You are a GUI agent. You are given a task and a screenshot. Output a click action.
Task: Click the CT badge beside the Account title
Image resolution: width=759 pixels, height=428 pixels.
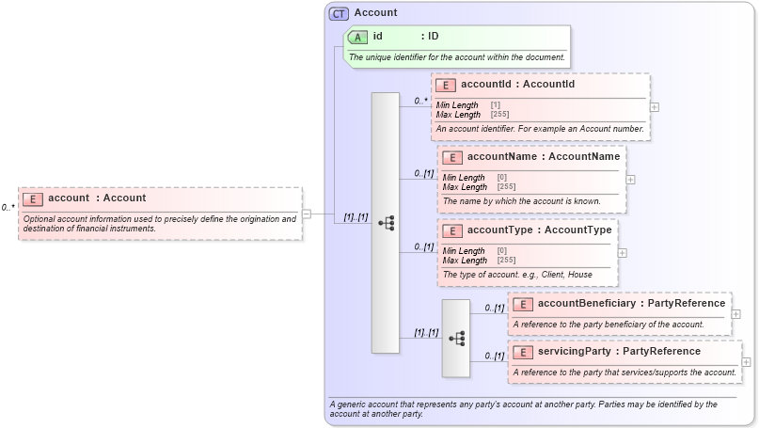click(x=339, y=13)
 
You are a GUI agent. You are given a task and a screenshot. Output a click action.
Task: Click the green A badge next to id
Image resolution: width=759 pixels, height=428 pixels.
click(x=357, y=38)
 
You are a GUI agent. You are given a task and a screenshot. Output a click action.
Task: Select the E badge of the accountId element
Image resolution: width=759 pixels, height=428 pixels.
click(x=446, y=85)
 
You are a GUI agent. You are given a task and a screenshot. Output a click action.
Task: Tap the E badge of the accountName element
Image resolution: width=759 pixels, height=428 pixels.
click(x=452, y=157)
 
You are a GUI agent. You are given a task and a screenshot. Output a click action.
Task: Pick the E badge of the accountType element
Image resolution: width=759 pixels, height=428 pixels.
click(x=452, y=230)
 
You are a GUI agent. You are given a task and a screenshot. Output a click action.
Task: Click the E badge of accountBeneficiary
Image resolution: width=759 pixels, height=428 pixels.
click(x=523, y=304)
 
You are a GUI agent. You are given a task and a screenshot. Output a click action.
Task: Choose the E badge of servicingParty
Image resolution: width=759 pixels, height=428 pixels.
click(x=523, y=352)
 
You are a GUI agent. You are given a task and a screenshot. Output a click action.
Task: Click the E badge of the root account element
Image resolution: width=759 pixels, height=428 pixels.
click(x=33, y=198)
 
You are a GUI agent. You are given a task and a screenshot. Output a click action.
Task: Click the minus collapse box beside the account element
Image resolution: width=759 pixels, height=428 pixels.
click(x=307, y=214)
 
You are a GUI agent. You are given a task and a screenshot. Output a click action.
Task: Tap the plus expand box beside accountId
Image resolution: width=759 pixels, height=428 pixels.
click(x=655, y=106)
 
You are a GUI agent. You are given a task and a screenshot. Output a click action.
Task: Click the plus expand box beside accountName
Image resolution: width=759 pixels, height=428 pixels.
click(x=630, y=179)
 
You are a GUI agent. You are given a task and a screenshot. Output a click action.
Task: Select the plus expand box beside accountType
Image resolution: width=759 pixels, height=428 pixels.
click(x=623, y=252)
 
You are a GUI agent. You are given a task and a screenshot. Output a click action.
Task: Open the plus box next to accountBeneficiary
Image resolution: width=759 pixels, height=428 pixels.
click(x=735, y=314)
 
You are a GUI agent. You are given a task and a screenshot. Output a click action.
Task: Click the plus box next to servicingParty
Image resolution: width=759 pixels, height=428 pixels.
click(x=746, y=362)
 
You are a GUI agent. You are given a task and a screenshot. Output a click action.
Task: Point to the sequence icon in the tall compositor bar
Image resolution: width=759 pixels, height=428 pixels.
click(x=386, y=223)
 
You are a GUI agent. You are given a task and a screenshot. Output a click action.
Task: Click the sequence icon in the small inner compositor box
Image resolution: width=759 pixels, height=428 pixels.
click(x=456, y=338)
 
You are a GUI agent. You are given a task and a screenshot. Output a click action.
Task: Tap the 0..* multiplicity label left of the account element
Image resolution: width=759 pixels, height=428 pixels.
click(x=8, y=207)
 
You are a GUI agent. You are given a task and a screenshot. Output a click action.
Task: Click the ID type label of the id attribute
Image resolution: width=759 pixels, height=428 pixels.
click(x=434, y=37)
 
